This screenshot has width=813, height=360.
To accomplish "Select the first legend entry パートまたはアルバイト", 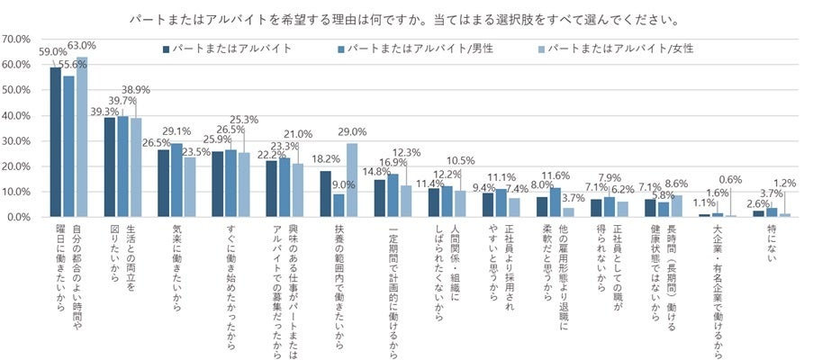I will click(228, 48).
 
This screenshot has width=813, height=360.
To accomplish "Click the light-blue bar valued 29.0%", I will click(352, 180).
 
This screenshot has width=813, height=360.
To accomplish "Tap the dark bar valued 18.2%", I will click(326, 193).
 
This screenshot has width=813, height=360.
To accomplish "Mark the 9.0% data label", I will click(339, 186).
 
